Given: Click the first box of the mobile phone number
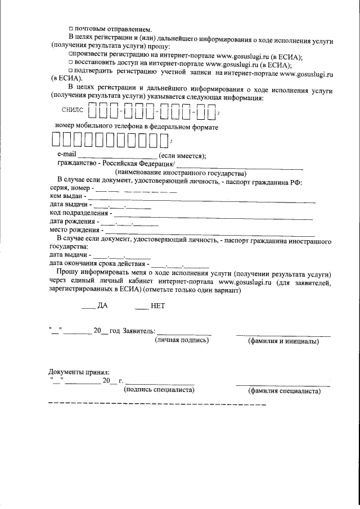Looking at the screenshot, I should pos(56,139).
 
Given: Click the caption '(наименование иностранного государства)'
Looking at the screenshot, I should pos(181,173).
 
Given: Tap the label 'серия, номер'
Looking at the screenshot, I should pos(69,187).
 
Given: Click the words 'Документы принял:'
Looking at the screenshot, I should pos(79,372).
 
